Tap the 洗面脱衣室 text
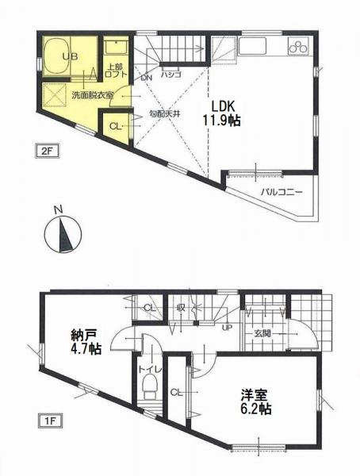[x=94, y=94]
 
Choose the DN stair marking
[x=147, y=78]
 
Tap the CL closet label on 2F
[x=115, y=125]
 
